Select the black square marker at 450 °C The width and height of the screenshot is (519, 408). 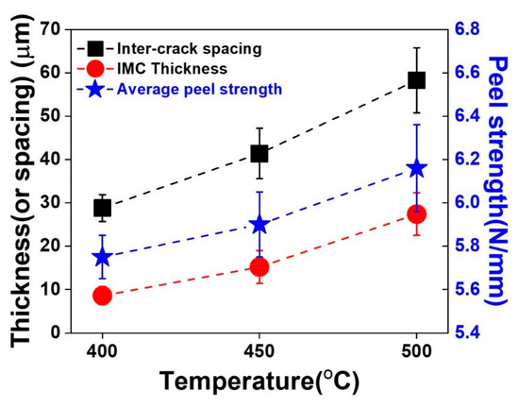pyautogui.click(x=259, y=154)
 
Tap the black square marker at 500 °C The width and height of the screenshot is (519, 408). pyautogui.click(x=416, y=80)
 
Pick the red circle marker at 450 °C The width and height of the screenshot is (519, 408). pyautogui.click(x=259, y=267)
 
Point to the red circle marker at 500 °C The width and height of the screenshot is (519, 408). pyautogui.click(x=416, y=214)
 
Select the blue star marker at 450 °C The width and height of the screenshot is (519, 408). pyautogui.click(x=259, y=225)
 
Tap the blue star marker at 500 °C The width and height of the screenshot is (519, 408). pyautogui.click(x=416, y=168)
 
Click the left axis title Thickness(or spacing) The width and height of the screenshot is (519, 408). pyautogui.click(x=23, y=179)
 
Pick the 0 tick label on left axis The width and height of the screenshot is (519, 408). pyautogui.click(x=68, y=333)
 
